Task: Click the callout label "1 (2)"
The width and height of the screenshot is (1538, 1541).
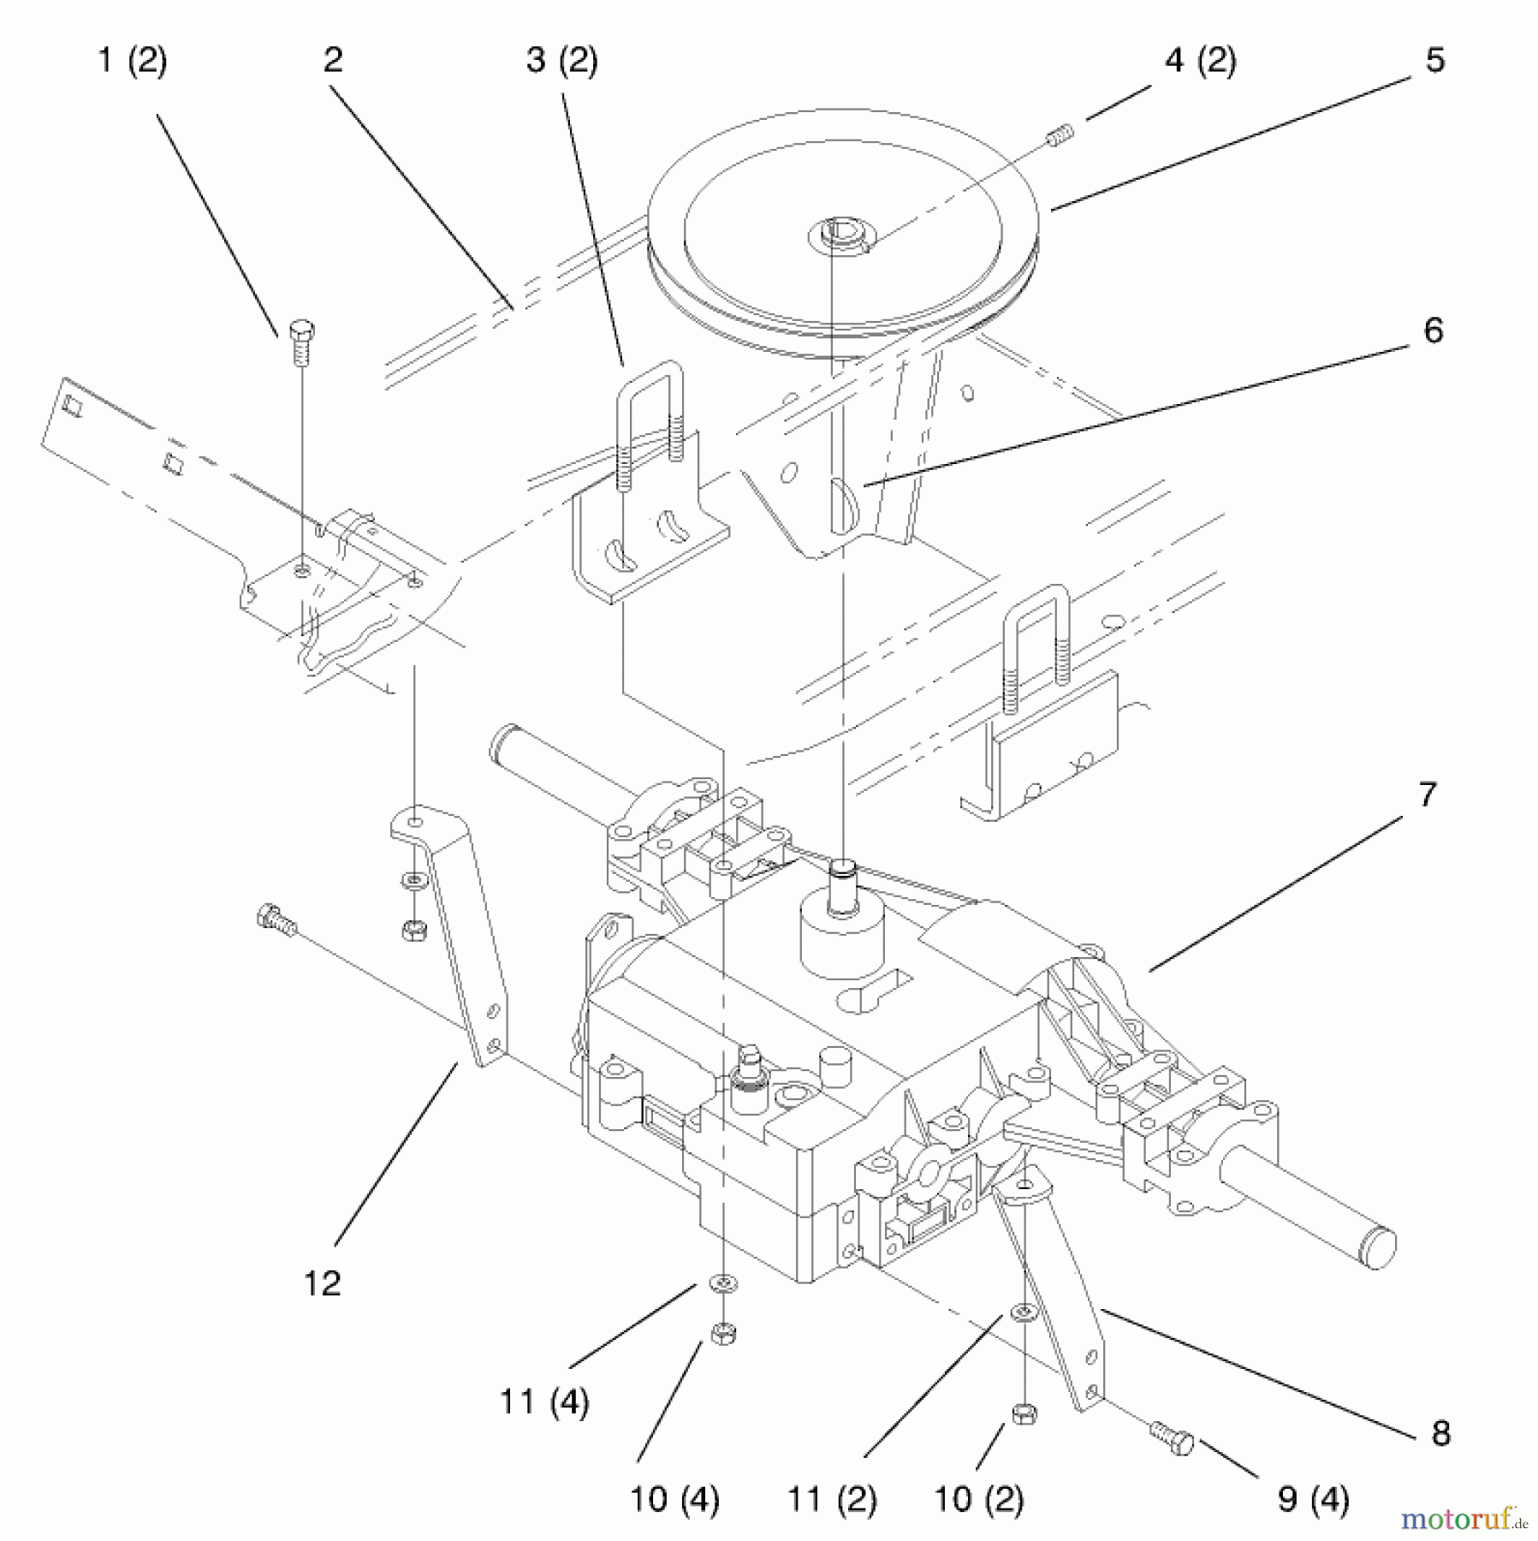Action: tap(133, 62)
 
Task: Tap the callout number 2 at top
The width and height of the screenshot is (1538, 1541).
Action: tap(333, 60)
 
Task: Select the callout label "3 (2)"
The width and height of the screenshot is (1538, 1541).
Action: tap(561, 62)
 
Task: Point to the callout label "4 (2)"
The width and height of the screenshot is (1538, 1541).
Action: tap(1200, 62)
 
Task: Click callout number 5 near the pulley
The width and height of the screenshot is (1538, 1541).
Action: tap(1435, 60)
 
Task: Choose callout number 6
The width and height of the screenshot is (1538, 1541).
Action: tap(1434, 330)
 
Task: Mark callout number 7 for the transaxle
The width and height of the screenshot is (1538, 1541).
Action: tap(1427, 794)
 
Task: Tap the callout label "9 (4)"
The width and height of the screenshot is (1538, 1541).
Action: tap(1314, 1499)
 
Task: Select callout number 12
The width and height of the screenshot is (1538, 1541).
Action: tap(323, 1282)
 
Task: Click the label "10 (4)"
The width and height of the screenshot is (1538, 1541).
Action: tap(674, 1499)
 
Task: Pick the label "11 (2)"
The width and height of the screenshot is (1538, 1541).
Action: tap(831, 1499)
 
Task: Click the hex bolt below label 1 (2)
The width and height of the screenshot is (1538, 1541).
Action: tap(301, 342)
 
